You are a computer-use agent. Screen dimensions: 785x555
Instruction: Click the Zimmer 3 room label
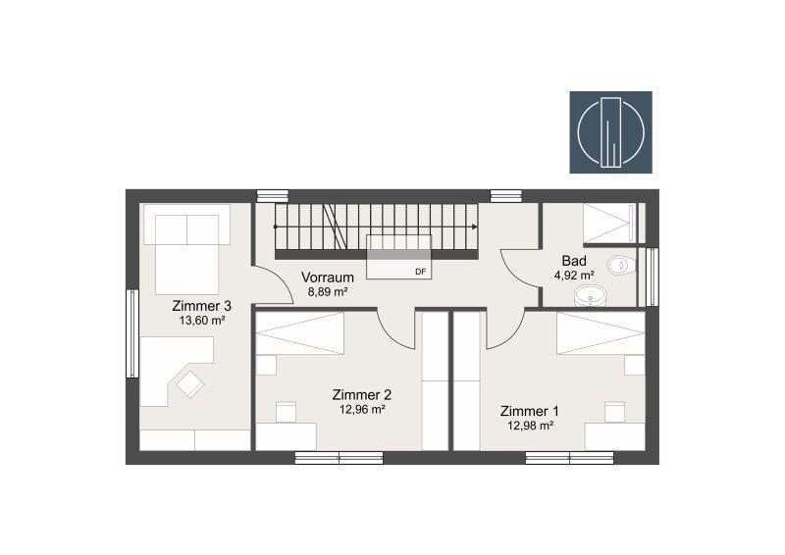click(x=202, y=305)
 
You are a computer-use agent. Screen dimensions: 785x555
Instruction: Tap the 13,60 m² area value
click(x=202, y=321)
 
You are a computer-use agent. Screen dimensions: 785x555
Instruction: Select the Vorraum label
click(x=328, y=277)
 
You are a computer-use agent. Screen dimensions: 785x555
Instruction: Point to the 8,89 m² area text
click(x=328, y=292)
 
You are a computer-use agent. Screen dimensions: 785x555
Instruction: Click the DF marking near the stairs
click(x=421, y=272)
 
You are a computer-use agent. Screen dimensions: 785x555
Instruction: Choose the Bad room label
click(x=574, y=261)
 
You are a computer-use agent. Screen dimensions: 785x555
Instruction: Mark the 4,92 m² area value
click(x=574, y=276)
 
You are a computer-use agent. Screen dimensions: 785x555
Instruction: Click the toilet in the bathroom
click(x=621, y=265)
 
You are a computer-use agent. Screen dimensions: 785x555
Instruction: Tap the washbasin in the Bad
click(x=590, y=296)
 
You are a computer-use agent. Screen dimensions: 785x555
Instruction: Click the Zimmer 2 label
click(x=362, y=395)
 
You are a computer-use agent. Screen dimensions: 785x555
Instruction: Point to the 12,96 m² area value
click(x=362, y=410)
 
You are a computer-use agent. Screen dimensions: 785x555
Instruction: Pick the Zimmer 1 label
click(x=530, y=412)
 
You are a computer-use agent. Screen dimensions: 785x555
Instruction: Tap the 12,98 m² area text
click(x=530, y=426)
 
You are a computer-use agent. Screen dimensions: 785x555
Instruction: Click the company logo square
click(x=610, y=132)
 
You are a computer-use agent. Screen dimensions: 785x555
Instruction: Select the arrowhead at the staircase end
click(x=474, y=227)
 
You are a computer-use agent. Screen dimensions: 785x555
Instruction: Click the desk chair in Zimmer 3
click(x=189, y=383)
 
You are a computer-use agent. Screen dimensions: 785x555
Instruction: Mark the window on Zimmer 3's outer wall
click(x=131, y=333)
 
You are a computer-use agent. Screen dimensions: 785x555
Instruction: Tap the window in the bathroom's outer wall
click(x=652, y=277)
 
